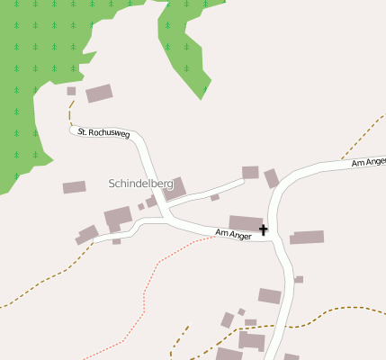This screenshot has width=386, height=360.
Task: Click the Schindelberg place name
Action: tap(140, 183)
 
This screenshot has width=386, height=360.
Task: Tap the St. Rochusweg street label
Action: tap(103, 133)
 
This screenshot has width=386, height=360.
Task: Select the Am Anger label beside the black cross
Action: tap(233, 234)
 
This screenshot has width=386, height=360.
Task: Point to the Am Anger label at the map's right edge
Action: tap(368, 162)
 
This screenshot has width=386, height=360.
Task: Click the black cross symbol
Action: tap(264, 230)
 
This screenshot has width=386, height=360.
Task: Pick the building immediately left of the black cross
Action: tap(245, 222)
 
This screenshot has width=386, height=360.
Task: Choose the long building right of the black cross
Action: tap(307, 238)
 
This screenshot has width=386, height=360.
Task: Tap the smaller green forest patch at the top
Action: tap(184, 40)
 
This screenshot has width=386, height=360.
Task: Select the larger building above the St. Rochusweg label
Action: tap(99, 93)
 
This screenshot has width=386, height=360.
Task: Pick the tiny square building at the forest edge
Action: tap(71, 91)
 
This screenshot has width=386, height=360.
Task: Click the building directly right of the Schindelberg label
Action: tap(175, 188)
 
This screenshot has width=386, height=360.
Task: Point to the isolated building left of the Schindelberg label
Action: tap(74, 187)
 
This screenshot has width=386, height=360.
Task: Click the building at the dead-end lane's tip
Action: tap(250, 172)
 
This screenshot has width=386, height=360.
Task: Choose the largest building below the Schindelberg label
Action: tap(117, 217)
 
